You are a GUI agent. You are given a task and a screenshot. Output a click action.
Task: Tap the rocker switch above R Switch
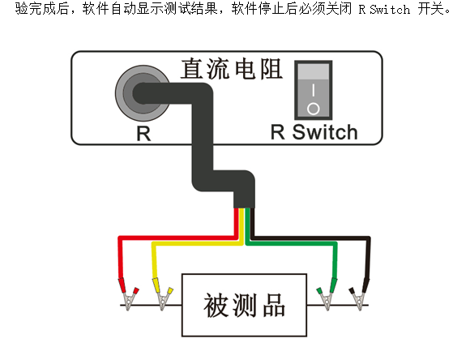314,90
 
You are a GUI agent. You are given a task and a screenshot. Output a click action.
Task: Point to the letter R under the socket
143,134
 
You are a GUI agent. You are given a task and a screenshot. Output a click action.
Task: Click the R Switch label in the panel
314,132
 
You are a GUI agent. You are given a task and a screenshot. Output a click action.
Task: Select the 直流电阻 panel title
232,69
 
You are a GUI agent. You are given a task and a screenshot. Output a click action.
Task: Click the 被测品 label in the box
244,305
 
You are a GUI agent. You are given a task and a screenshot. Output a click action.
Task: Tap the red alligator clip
128,294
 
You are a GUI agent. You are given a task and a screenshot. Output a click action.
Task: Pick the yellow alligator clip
162,294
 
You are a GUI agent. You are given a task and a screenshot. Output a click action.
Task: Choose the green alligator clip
327,294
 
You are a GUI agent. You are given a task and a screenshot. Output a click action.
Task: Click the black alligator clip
360,294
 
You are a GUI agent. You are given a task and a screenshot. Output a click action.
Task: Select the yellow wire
198,243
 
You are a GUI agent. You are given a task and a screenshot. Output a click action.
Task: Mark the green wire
291,243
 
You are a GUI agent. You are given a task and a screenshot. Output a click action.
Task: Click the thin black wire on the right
312,238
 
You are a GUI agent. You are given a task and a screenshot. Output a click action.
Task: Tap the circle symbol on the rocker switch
314,109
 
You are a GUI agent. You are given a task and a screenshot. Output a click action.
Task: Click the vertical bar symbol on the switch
314,90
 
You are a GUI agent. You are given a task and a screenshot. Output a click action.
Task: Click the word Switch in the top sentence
389,9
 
